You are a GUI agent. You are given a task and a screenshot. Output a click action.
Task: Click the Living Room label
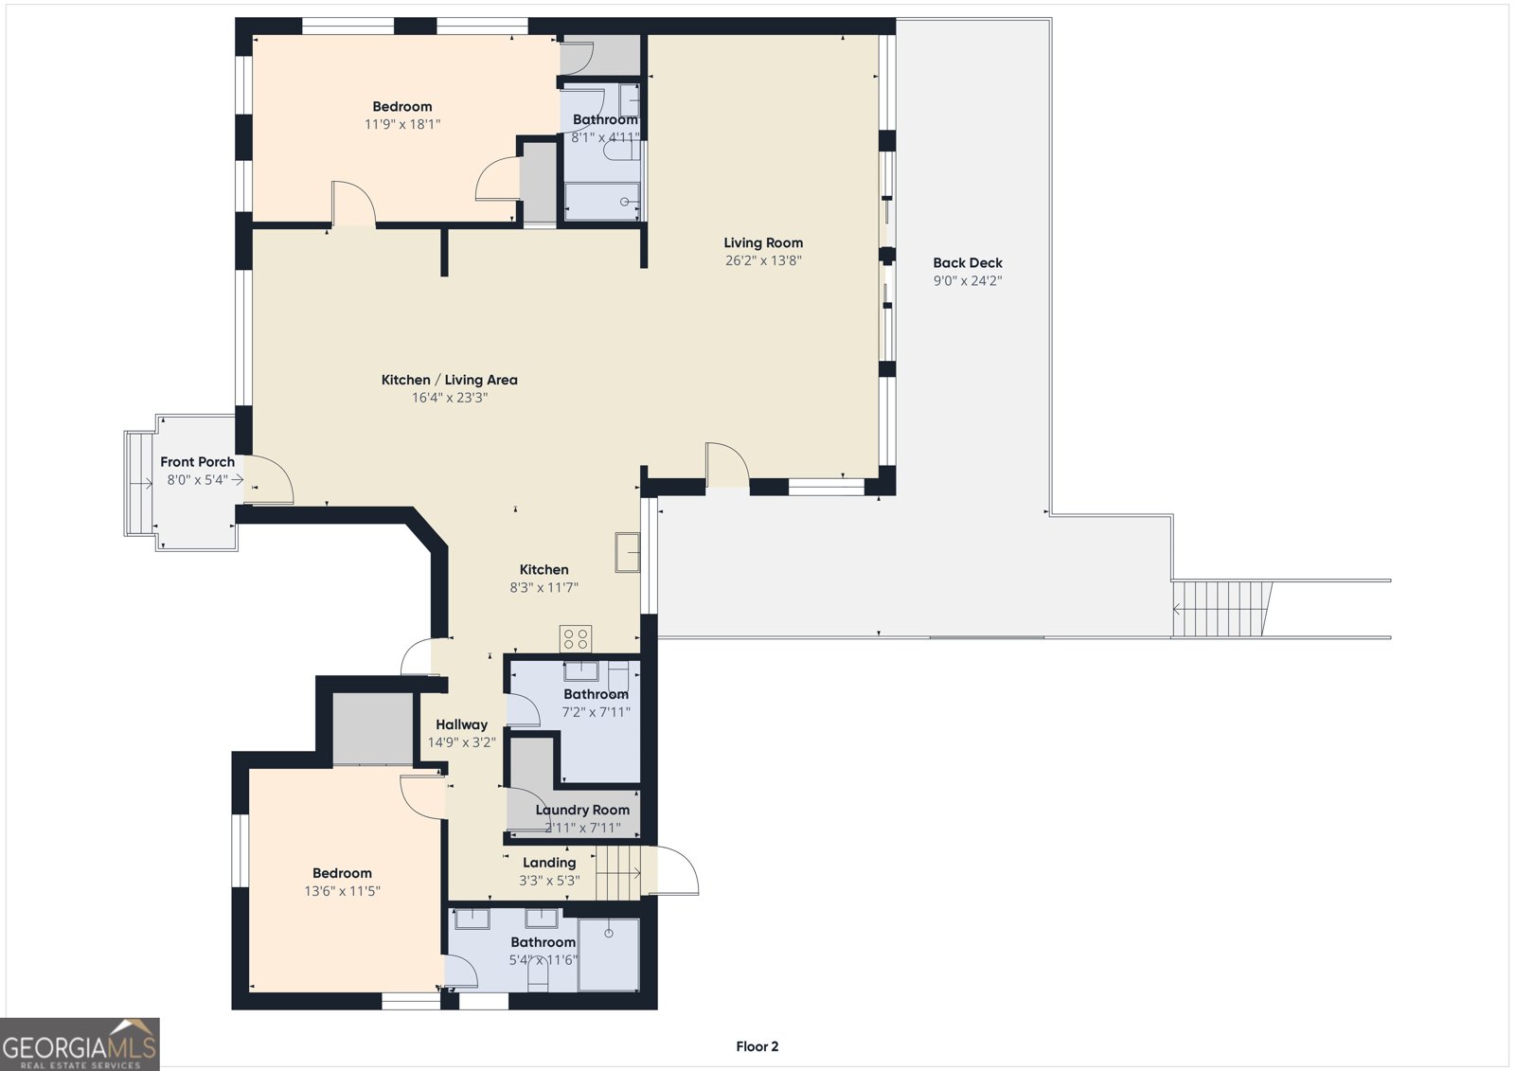click(763, 242)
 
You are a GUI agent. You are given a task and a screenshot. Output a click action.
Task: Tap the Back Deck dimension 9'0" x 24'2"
click(967, 281)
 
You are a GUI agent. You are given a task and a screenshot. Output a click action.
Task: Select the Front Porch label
click(198, 462)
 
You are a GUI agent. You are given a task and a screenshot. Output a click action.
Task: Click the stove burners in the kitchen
click(576, 638)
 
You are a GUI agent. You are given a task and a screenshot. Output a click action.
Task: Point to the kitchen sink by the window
click(628, 552)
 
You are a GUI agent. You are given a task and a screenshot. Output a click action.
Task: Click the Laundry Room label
click(582, 810)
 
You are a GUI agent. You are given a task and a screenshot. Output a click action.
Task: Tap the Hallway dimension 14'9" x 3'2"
click(461, 742)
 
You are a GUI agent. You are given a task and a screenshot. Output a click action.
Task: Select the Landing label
click(549, 863)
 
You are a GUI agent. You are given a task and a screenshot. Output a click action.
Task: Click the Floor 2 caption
click(757, 1046)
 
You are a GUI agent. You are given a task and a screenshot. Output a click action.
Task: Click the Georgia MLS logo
click(80, 1044)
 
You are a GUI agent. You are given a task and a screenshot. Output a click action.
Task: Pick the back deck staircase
click(1221, 608)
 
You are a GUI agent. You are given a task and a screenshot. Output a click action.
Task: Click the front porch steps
click(140, 483)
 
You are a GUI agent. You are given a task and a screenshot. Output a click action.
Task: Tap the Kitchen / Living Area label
click(449, 381)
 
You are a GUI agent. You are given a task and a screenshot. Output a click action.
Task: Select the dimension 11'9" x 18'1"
click(402, 124)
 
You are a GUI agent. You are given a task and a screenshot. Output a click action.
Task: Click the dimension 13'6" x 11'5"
click(342, 891)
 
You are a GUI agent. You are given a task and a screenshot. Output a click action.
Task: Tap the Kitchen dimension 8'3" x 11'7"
click(544, 588)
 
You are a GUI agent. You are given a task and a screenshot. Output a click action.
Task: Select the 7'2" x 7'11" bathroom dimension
click(596, 712)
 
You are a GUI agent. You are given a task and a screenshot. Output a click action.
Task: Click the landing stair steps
click(617, 873)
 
